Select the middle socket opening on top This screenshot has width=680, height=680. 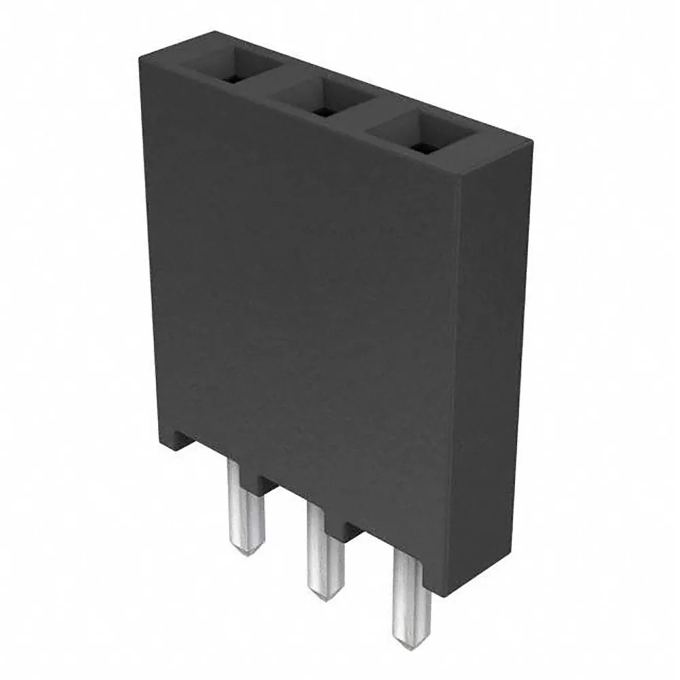click(x=322, y=99)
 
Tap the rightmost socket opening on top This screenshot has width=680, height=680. click(x=418, y=133)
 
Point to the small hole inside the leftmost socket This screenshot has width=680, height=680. click(x=233, y=79)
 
